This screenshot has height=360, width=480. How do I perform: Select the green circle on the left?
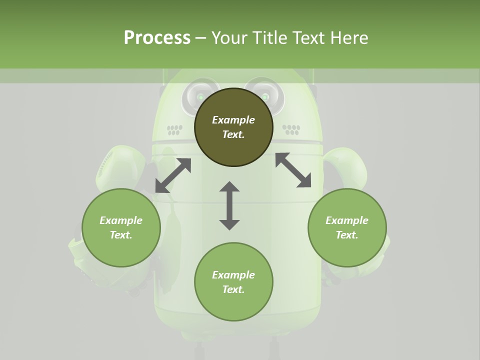(121, 227)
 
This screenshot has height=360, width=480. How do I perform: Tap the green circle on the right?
(347, 227)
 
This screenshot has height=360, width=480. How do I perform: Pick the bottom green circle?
(233, 282)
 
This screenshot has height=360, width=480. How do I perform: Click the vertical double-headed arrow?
(229, 205)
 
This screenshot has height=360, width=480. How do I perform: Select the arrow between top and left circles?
(173, 175)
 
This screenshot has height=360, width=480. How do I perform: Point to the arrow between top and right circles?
(293, 170)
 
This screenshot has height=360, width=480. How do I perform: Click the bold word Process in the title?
(157, 38)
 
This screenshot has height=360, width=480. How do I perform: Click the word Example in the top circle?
(233, 120)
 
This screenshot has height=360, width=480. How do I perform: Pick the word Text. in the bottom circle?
(233, 289)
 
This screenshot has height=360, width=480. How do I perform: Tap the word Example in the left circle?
(121, 220)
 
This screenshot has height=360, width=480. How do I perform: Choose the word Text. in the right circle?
(347, 235)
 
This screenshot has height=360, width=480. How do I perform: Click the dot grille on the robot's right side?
(291, 129)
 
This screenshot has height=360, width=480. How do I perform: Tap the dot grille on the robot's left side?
(174, 130)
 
